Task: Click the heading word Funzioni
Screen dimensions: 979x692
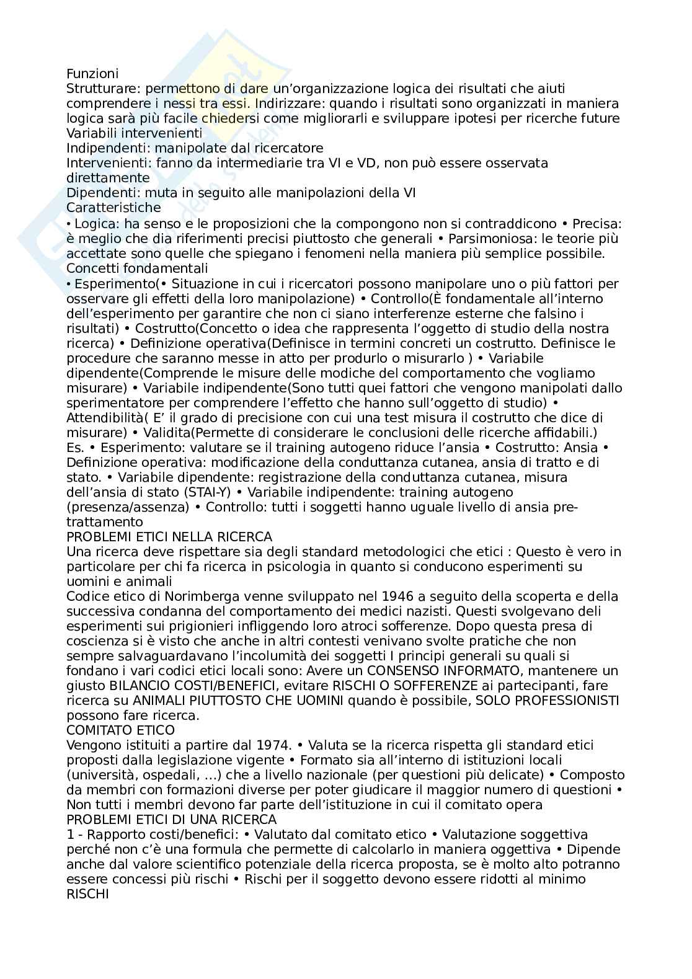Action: [92, 74]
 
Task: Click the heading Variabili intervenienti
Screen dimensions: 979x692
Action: [134, 133]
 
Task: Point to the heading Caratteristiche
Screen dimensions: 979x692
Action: [113, 208]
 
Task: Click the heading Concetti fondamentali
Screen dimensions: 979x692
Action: [137, 268]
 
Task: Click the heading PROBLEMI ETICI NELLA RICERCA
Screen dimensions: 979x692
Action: [169, 537]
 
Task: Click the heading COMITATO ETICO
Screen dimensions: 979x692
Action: [120, 730]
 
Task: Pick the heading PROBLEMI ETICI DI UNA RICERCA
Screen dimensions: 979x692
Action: [171, 820]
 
